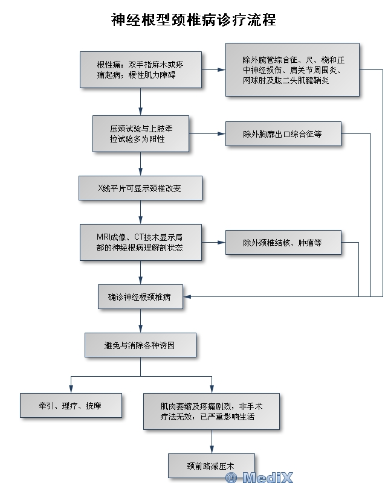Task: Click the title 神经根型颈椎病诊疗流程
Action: (193, 20)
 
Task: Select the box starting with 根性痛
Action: (140, 70)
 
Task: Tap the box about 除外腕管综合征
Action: (292, 69)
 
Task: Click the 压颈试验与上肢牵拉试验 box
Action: (140, 133)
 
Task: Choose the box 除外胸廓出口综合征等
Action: (282, 134)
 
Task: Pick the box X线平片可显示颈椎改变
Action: (140, 188)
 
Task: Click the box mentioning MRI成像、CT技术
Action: (140, 242)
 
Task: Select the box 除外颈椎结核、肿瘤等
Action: (282, 243)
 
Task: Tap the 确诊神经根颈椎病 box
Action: (140, 296)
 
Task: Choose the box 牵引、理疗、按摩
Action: (71, 406)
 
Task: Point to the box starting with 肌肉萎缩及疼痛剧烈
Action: (211, 411)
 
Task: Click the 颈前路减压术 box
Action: (211, 465)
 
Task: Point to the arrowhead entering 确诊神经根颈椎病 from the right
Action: (187, 296)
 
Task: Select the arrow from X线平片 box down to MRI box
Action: (140, 212)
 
